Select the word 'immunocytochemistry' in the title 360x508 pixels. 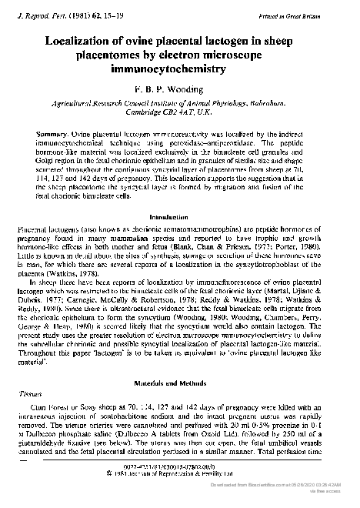tap(178, 69)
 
